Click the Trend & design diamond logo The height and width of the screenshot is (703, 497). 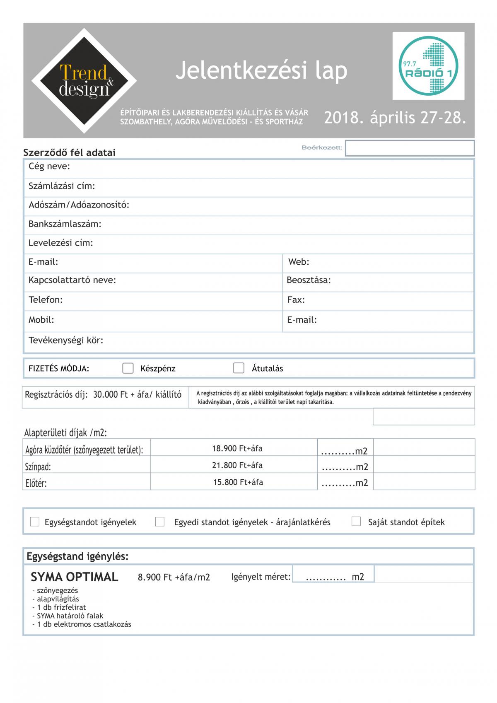[x=84, y=81]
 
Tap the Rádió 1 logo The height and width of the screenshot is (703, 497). [x=428, y=66]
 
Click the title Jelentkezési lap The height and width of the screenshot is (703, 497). [x=261, y=70]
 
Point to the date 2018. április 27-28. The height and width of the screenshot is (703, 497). [x=395, y=118]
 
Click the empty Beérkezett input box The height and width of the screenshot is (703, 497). [x=410, y=148]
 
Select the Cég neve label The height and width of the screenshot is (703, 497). [x=49, y=167]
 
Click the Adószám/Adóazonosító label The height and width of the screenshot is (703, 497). [x=79, y=205]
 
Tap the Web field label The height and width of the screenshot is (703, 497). [x=299, y=262]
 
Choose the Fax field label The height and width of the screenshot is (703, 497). [x=296, y=300]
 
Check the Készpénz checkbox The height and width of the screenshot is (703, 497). [x=128, y=368]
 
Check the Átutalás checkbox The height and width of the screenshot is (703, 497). [x=239, y=368]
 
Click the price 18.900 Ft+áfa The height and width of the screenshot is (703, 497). [x=237, y=448]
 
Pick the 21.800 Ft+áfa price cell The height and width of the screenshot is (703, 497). [x=237, y=465]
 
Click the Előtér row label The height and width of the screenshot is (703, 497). [x=36, y=483]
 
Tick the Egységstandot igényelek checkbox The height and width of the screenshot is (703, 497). [x=35, y=522]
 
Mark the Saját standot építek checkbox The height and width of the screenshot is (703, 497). [x=356, y=522]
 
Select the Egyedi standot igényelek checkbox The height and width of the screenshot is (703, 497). [x=160, y=522]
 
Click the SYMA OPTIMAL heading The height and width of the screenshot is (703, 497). [x=75, y=577]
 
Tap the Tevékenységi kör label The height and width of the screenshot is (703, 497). [x=66, y=341]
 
